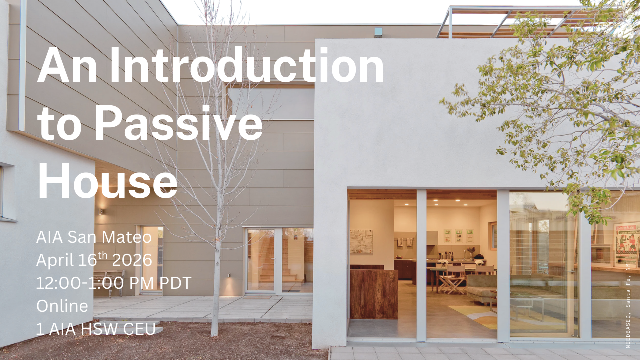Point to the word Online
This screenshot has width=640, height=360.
pyautogui.click(x=62, y=306)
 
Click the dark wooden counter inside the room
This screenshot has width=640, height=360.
pyautogui.click(x=373, y=294)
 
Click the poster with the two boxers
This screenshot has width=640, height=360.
pyautogui.click(x=626, y=244)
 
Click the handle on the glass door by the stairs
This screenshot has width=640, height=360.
pyautogui.click(x=274, y=261)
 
